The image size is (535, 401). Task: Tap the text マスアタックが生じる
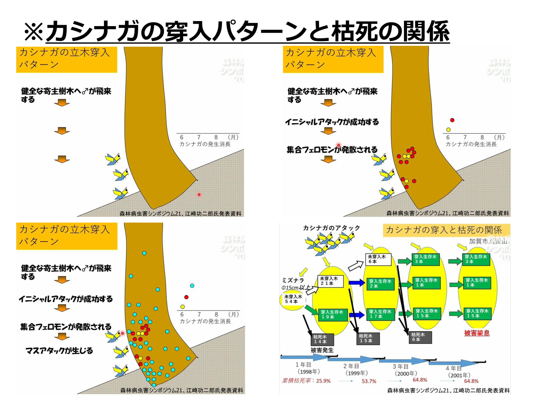[59, 351]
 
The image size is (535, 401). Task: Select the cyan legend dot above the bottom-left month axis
[192, 286]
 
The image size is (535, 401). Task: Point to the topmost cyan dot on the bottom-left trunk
[144, 253]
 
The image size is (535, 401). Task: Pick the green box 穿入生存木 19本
[332, 314]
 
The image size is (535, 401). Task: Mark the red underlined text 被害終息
[476, 333]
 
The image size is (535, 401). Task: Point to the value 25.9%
[323, 381]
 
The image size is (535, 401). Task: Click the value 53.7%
[369, 381]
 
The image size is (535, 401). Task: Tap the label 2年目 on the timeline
[351, 366]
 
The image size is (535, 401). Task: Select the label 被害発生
[322, 350]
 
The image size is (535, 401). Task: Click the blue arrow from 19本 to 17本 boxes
[356, 315]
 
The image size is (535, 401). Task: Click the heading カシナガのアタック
[331, 228]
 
